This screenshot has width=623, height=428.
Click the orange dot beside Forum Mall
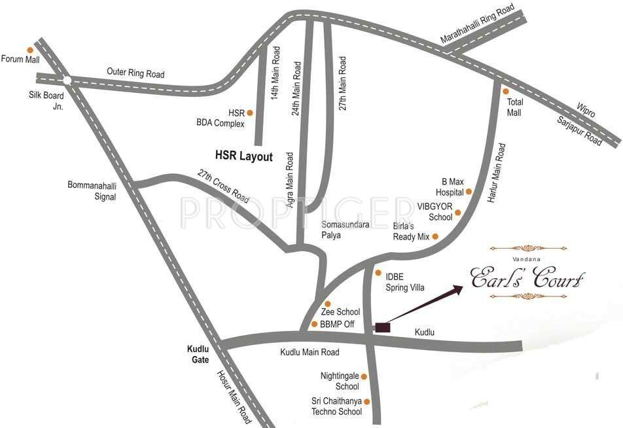coord(29,50)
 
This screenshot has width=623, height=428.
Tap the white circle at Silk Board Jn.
coord(67,80)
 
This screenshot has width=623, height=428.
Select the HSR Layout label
coord(244,156)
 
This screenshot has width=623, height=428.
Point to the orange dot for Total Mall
coord(505,92)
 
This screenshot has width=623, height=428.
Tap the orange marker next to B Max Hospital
coord(469,192)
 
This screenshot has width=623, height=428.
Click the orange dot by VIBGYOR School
coord(458,212)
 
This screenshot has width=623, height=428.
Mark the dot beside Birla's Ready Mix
coord(435,236)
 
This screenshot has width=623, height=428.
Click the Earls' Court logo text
coord(527,277)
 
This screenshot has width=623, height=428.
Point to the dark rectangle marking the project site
coord(382,326)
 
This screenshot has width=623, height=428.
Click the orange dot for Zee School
coord(328,304)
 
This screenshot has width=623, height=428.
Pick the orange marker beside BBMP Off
coord(315,324)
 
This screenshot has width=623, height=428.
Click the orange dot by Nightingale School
coord(365,377)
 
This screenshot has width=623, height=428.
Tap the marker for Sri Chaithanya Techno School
coord(366,401)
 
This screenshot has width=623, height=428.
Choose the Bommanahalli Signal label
coord(92,190)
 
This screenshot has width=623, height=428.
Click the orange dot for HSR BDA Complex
coord(249,113)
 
